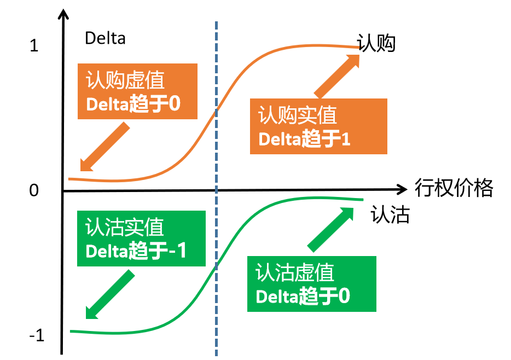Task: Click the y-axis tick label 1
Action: pos(34,46)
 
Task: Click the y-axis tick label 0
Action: pos(34,190)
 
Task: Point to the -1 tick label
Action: pos(36,335)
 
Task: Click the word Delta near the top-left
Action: pos(105,38)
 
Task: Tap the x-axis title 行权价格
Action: pos(454,188)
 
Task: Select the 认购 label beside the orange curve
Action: pos(376,44)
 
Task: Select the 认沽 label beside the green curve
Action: pos(390,214)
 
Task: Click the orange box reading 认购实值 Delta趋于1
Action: pos(318,126)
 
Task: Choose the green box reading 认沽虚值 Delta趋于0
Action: pos(311,284)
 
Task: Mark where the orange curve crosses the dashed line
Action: pos(217,109)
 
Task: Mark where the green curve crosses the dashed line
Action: pos(217,266)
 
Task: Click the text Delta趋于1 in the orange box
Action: pos(304,139)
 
